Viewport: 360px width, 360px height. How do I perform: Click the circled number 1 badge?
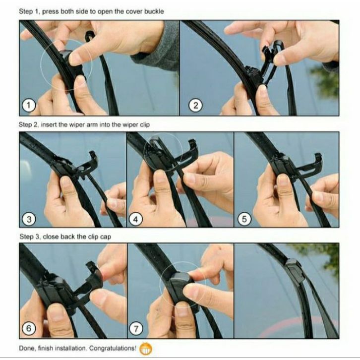coord(29,106)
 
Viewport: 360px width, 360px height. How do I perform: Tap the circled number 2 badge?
coord(195,106)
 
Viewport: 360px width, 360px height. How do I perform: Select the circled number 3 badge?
coord(29,219)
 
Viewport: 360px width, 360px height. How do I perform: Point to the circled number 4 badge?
coord(136,219)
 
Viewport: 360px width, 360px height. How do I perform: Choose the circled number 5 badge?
coord(244,219)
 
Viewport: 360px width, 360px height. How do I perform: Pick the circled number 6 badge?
coord(29,328)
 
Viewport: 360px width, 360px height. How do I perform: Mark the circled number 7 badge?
coord(136,329)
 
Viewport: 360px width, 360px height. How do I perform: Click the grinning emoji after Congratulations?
coord(145,349)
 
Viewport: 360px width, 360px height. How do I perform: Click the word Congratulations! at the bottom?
coord(113,348)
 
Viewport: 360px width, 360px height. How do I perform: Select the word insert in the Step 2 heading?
coord(48,124)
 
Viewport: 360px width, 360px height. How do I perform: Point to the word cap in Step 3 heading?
coord(106,237)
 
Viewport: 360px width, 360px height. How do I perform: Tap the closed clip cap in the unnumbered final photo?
coord(295,270)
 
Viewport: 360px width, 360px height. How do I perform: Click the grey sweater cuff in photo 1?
coord(161,46)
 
